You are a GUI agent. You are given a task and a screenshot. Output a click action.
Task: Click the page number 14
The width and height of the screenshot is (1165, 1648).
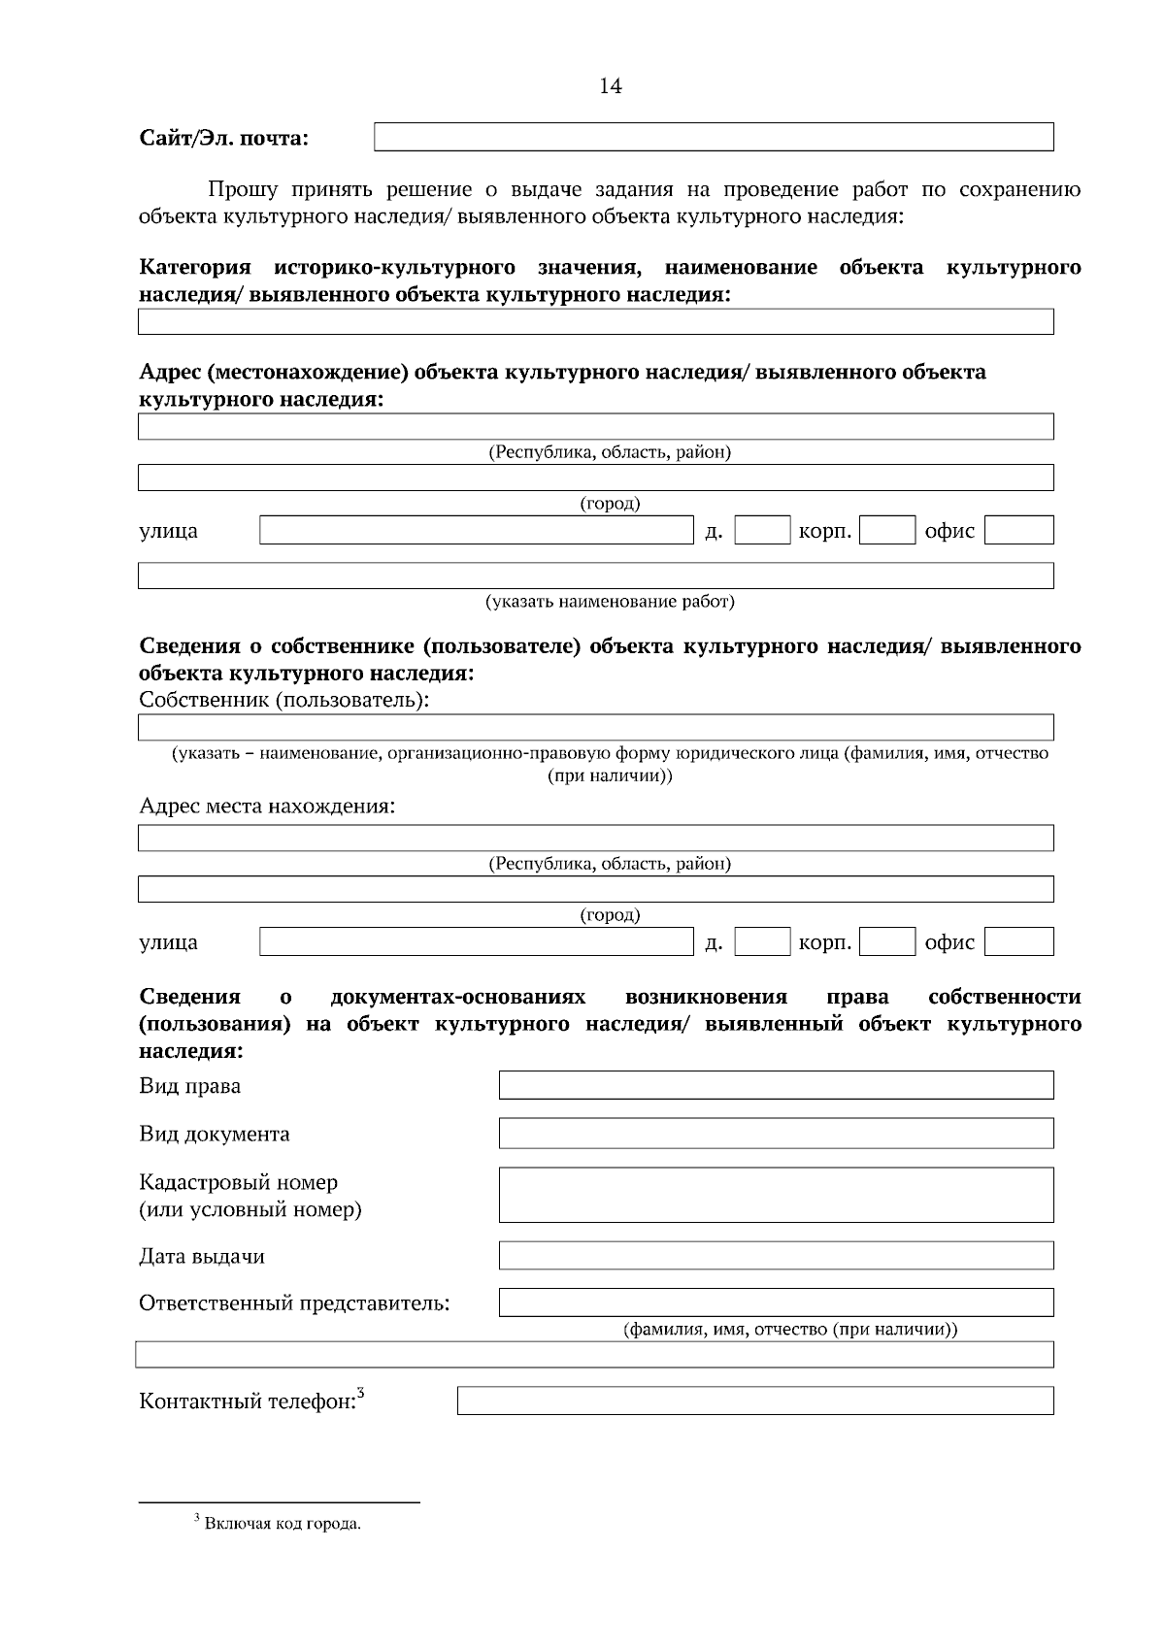click(610, 86)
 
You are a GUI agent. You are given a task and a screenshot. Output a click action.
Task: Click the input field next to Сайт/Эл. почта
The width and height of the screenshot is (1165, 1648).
click(714, 137)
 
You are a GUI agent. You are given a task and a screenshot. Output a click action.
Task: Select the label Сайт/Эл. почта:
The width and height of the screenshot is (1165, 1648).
click(223, 138)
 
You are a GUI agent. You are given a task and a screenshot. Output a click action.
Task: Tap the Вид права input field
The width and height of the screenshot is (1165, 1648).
click(776, 1085)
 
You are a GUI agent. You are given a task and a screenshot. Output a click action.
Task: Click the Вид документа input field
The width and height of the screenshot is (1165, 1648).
click(776, 1133)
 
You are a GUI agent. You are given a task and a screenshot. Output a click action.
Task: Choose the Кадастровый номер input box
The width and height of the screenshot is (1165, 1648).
click(776, 1194)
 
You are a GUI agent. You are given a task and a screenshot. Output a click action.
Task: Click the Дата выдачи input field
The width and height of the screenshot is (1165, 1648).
click(776, 1255)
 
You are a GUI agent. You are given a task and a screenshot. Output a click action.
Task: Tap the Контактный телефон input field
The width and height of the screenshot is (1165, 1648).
click(754, 1401)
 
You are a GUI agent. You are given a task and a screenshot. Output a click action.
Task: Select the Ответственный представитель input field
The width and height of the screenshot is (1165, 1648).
click(776, 1302)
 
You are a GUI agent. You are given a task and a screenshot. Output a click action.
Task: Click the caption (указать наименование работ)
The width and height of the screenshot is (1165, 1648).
click(610, 602)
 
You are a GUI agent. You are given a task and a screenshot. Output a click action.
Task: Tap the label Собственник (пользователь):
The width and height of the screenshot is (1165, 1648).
click(284, 700)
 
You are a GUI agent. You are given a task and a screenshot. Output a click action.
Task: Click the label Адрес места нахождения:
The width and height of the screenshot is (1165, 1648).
click(267, 807)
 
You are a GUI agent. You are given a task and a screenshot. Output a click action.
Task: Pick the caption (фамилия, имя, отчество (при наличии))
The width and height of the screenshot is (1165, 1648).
click(789, 1330)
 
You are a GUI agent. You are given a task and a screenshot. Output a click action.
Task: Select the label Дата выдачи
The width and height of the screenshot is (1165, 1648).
click(202, 1257)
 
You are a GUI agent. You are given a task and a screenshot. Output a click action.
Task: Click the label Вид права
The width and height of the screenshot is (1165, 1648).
click(190, 1086)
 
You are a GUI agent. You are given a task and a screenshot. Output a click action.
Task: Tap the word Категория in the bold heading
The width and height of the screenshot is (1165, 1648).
click(195, 267)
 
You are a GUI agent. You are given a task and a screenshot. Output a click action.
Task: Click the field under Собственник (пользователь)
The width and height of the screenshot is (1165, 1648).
click(595, 727)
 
